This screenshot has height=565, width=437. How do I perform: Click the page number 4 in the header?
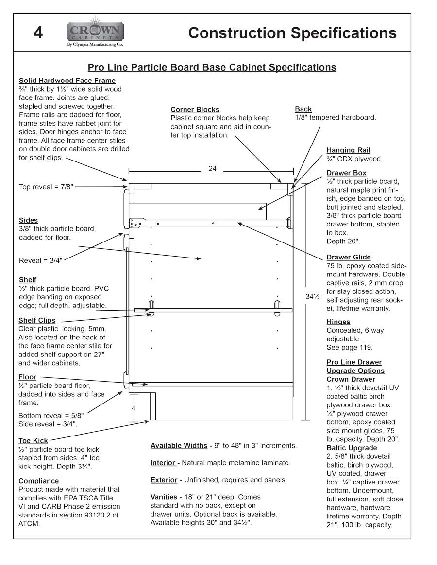pos(38,33)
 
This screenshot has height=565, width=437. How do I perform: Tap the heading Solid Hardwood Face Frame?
pos(67,81)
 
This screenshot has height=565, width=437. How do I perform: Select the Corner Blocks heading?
pos(195,110)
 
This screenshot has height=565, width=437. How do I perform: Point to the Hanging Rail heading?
pos(348,150)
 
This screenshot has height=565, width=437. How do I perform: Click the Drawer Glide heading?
pos(348,257)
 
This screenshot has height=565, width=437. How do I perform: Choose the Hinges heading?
pos(338,322)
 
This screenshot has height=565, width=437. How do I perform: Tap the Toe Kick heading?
pos(33,440)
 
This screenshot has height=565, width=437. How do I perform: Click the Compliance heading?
pos(38,481)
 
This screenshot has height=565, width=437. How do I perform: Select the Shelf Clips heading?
pos(37,320)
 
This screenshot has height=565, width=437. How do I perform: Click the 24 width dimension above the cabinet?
pos(212,169)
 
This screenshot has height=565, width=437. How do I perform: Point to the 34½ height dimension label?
pos(312,296)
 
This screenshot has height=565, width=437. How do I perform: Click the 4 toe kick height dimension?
pos(134,408)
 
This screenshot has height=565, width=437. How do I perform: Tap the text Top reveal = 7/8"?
pos(46,187)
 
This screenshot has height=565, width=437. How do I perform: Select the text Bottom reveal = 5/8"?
pos(51,415)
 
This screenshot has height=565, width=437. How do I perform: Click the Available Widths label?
pos(179,445)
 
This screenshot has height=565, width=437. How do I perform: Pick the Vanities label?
pos(164,497)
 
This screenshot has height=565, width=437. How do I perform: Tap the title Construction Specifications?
pos(292,33)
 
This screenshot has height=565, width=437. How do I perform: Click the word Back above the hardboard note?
pos(303,109)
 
